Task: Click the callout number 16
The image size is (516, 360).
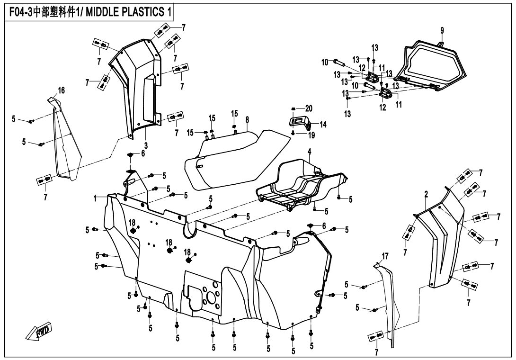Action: click(x=61, y=90)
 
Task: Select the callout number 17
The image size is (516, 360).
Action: click(x=385, y=256)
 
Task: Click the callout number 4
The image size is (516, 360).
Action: click(x=309, y=153)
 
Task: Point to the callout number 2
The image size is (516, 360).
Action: click(x=426, y=194)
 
